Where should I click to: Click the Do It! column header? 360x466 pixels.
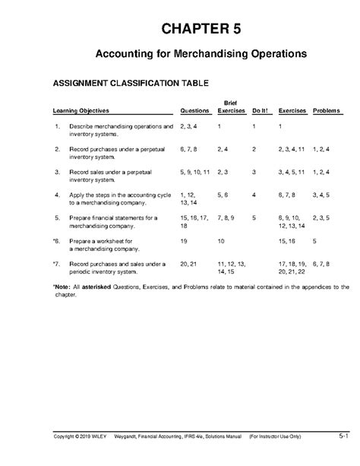(261, 111)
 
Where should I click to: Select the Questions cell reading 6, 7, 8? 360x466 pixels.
(190, 150)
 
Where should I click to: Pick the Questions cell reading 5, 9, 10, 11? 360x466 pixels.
(195, 173)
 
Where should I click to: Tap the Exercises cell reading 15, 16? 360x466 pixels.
(289, 240)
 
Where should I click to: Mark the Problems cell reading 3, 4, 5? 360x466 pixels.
(322, 195)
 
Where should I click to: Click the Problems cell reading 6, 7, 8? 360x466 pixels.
(322, 263)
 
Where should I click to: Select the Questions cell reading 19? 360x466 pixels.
(184, 240)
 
